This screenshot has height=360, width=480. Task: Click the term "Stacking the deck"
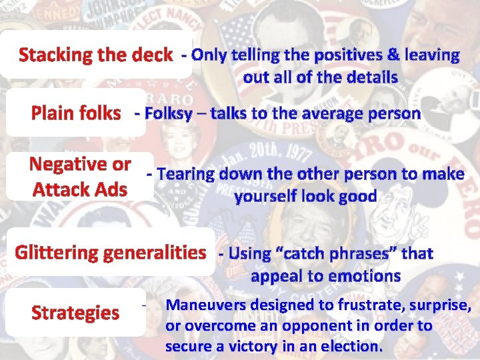(95, 55)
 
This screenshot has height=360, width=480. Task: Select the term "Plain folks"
(76, 113)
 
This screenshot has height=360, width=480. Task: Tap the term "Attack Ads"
(80, 189)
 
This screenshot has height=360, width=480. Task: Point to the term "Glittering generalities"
(111, 253)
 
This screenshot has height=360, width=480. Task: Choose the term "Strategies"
(75, 313)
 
